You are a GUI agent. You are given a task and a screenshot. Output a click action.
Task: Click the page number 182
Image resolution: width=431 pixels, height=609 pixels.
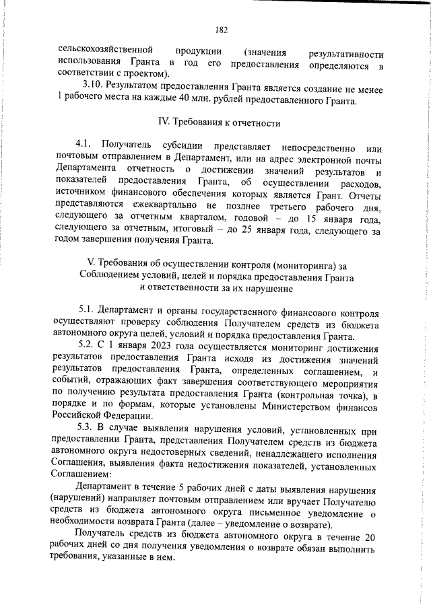click(x=222, y=30)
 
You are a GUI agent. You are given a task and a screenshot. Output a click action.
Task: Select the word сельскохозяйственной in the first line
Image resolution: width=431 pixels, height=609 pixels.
click(x=99, y=52)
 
